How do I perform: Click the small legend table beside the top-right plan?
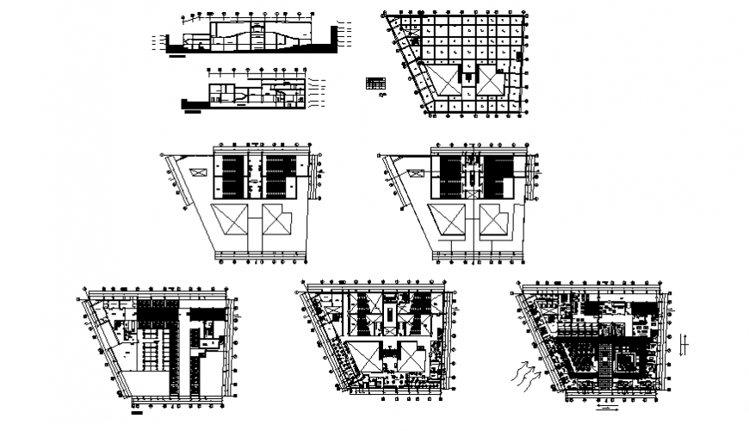click(x=374, y=84)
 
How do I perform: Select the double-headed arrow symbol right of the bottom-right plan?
click(x=682, y=344)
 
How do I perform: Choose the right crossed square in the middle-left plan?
click(x=277, y=221)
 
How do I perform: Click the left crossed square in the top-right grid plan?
click(x=448, y=82)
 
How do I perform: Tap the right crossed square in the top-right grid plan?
click(x=492, y=82)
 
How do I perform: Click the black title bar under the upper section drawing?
click(x=178, y=57)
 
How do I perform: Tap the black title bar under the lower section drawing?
click(x=193, y=111)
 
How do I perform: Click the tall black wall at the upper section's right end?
click(x=334, y=37)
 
